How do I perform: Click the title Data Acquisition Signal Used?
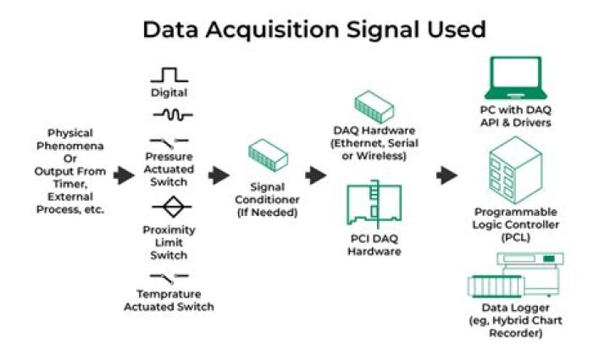tap(313, 30)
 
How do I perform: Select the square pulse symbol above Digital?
tap(169, 74)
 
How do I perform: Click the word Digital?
tap(169, 92)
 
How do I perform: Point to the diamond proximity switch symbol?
tap(169, 207)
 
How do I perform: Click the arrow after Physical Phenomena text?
tap(124, 175)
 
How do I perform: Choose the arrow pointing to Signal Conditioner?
tap(219, 175)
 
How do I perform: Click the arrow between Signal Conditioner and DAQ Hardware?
tap(316, 175)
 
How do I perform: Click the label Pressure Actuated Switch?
tap(169, 168)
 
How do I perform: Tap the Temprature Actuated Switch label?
tap(169, 301)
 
